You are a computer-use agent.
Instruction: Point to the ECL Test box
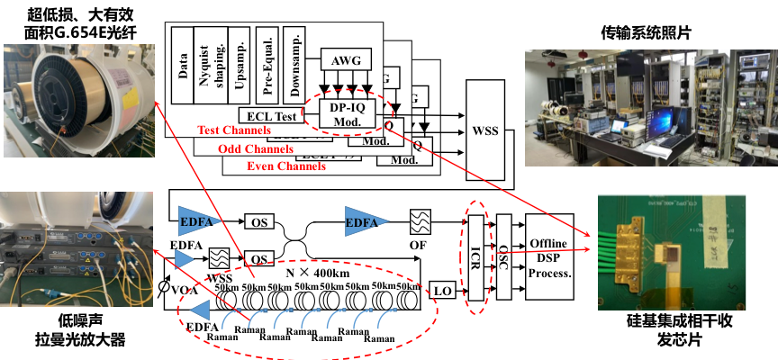tap(268, 116)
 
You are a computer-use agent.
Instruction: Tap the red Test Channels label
tap(234, 130)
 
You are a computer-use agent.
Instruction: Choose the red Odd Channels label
tap(256, 148)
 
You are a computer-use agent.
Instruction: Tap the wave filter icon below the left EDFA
tap(219, 258)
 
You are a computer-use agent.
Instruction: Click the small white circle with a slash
tap(165, 287)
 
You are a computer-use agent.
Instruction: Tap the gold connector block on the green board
tap(632, 243)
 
